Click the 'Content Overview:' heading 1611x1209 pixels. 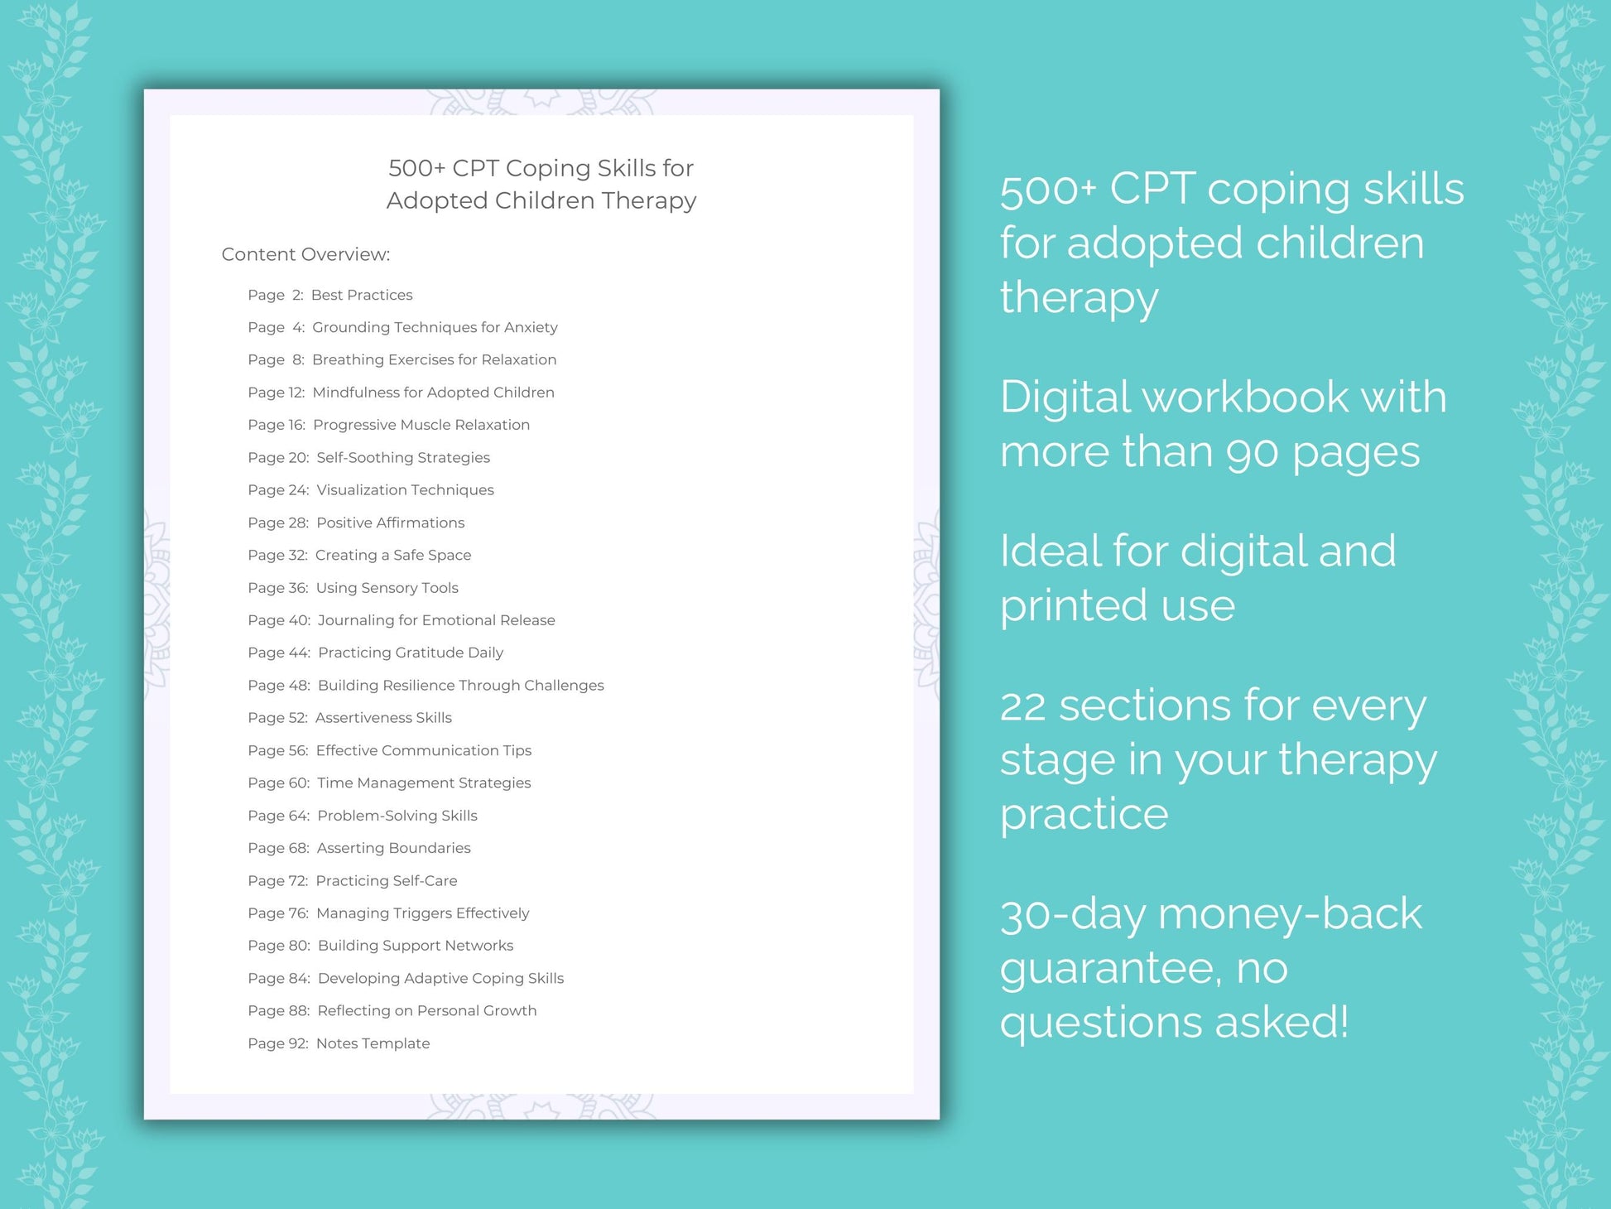pyautogui.click(x=305, y=254)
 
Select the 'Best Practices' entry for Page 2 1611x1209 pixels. pyautogui.click(x=361, y=295)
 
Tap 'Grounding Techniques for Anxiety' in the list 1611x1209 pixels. pyautogui.click(x=435, y=327)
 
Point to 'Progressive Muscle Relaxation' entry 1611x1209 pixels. pyautogui.click(x=421, y=425)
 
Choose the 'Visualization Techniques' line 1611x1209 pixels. pyautogui.click(x=405, y=490)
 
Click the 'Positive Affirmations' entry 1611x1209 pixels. pyautogui.click(x=390, y=523)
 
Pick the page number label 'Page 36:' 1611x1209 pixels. pyautogui.click(x=277, y=588)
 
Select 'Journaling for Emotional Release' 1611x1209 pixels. pyautogui.click(x=435, y=620)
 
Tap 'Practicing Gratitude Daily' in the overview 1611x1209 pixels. pyautogui.click(x=410, y=653)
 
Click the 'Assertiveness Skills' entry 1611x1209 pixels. pyautogui.click(x=383, y=718)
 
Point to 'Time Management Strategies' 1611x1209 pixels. pyautogui.click(x=424, y=783)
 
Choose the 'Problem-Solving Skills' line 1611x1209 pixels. pyautogui.click(x=397, y=816)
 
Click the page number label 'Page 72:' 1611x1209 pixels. pyautogui.click(x=277, y=881)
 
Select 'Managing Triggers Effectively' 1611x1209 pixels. pyautogui.click(x=422, y=913)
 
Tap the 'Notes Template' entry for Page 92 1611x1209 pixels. pyautogui.click(x=373, y=1043)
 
